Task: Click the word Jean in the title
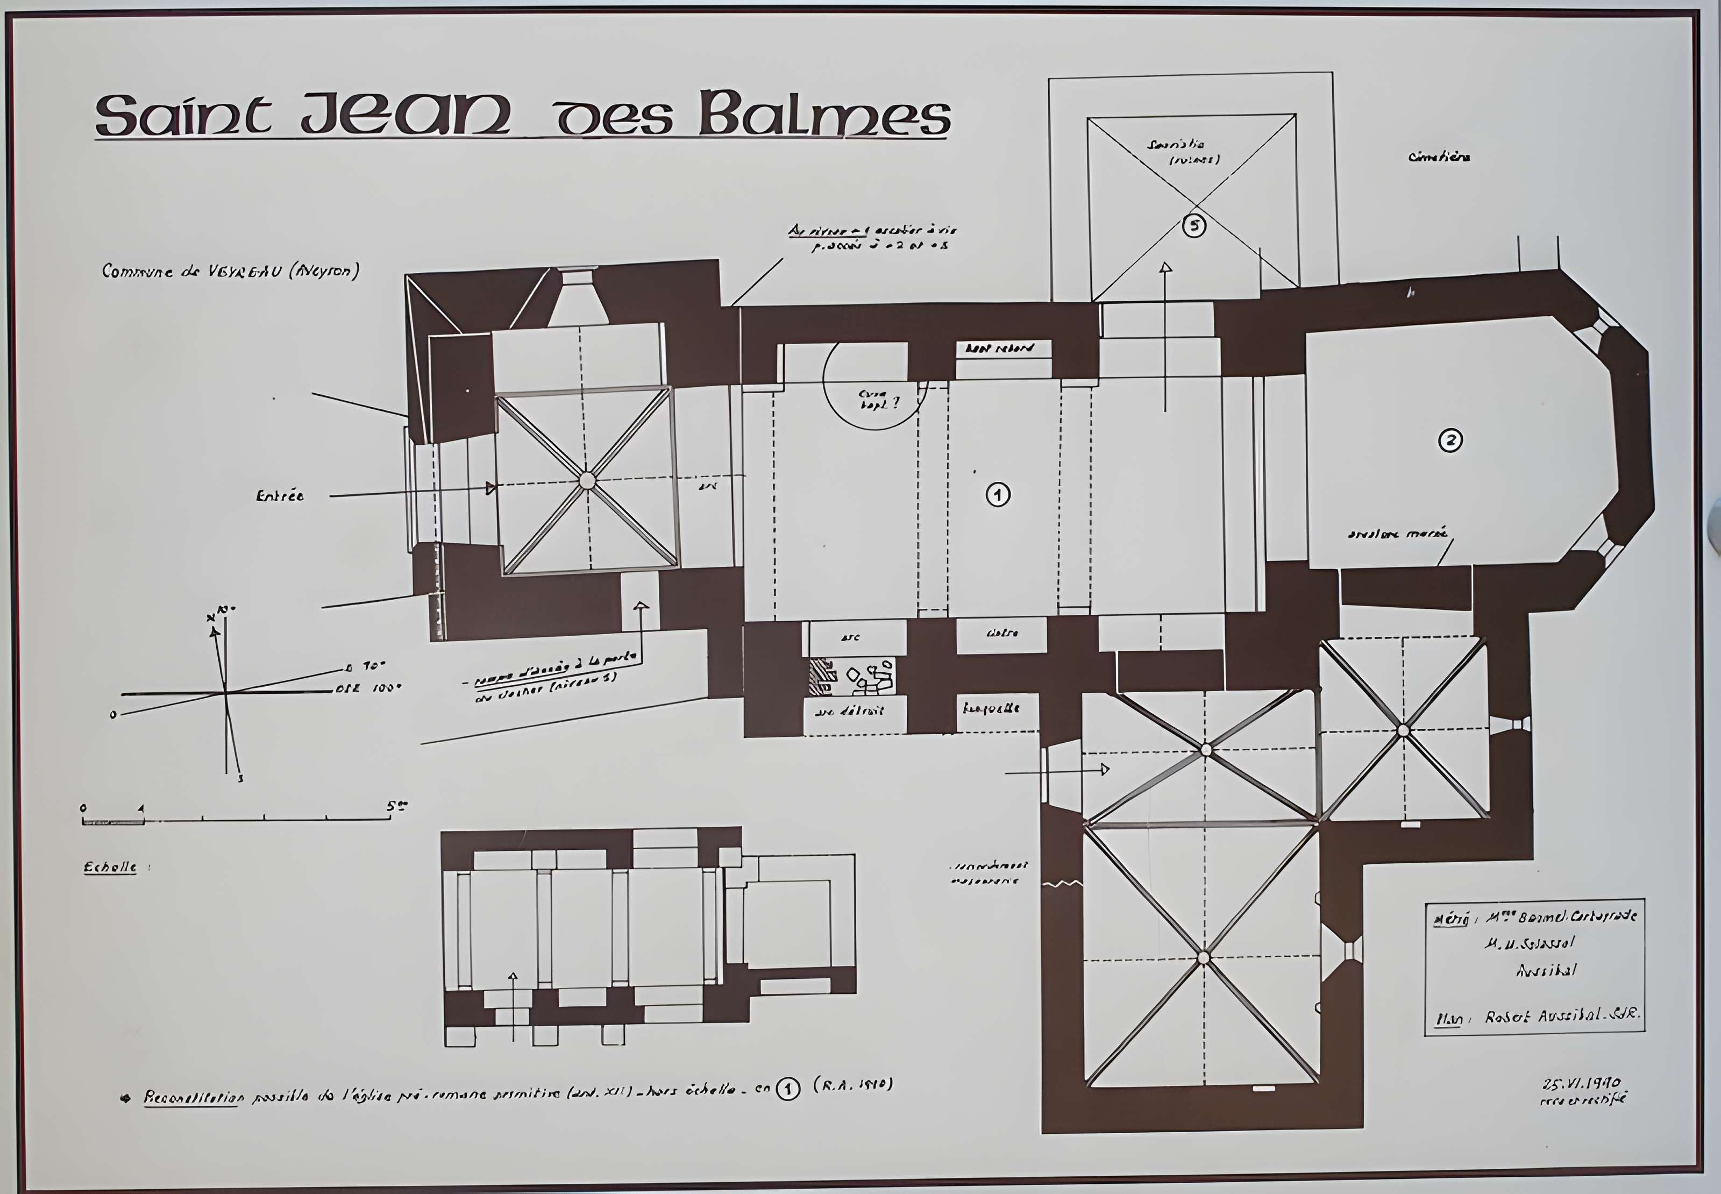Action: pyautogui.click(x=406, y=115)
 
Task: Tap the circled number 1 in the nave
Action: pyautogui.click(x=998, y=494)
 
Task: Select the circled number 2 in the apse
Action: pyautogui.click(x=1450, y=440)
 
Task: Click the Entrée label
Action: pyautogui.click(x=280, y=496)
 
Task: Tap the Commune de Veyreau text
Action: pyautogui.click(x=230, y=271)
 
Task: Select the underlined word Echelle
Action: pyautogui.click(x=110, y=867)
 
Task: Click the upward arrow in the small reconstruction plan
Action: pyautogui.click(x=513, y=978)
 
